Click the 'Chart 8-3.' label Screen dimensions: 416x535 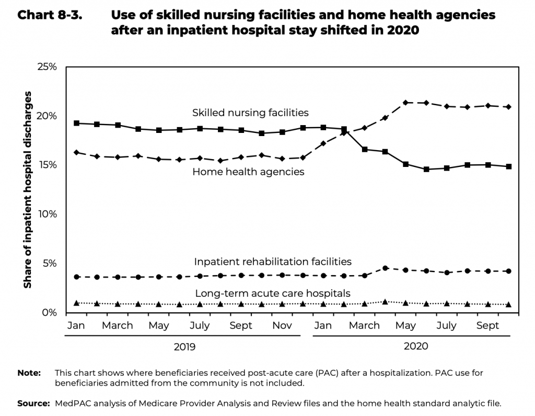[50, 15]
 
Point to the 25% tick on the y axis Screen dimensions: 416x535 [46, 67]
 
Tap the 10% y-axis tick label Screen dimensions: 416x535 [46, 215]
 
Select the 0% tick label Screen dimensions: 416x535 [49, 312]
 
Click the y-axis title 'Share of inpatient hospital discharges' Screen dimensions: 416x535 [28, 189]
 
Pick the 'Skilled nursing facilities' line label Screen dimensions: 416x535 [250, 113]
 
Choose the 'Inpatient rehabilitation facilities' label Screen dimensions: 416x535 [273, 261]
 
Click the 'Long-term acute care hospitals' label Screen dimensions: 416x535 [273, 293]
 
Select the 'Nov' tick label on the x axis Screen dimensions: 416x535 [282, 325]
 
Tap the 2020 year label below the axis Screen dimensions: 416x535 [416, 346]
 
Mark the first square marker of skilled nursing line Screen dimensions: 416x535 [77, 123]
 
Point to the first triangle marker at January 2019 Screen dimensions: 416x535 [77, 303]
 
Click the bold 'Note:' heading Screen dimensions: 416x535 [29, 373]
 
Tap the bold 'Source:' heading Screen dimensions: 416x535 [33, 403]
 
